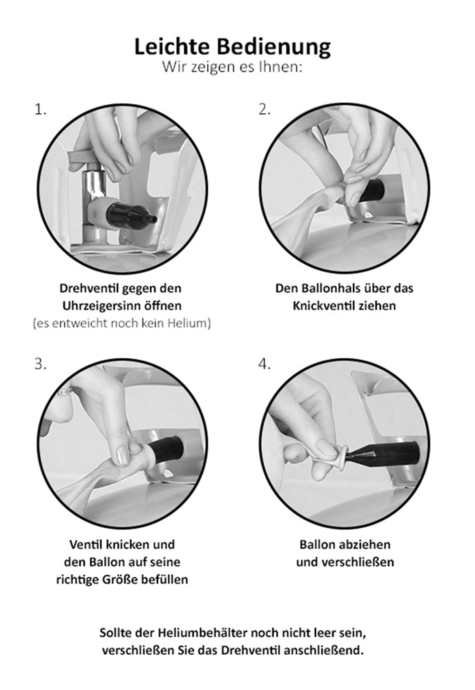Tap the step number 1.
tap(40, 110)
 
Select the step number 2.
tap(264, 110)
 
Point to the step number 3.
tap(40, 364)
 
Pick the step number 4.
tap(264, 364)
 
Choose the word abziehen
tap(365, 545)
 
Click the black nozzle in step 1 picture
tap(130, 215)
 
